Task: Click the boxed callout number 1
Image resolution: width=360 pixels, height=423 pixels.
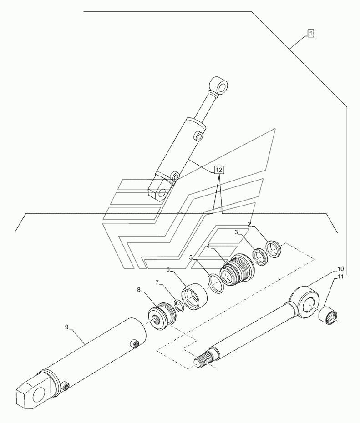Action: tap(310, 34)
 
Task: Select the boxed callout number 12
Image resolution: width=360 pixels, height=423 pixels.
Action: tap(219, 170)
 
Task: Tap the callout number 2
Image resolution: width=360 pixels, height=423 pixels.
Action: tap(249, 224)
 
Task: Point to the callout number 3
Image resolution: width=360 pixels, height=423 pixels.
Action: tap(236, 232)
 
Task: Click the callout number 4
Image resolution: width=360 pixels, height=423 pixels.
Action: tap(208, 247)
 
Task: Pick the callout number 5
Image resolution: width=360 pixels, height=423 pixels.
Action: tap(191, 257)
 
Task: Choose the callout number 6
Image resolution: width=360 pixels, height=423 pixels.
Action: tap(168, 270)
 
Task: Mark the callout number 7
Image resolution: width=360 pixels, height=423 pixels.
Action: tap(157, 282)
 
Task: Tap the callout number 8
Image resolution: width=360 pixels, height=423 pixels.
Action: tap(139, 290)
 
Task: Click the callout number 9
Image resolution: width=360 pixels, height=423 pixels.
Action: tap(66, 327)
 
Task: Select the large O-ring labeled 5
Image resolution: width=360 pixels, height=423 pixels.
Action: tap(215, 283)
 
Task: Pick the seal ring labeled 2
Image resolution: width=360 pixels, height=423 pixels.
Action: tap(274, 249)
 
